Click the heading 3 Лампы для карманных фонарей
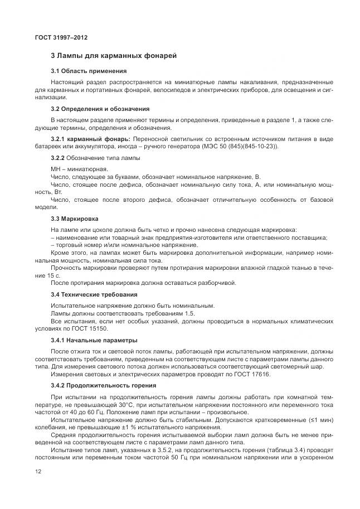(114, 56)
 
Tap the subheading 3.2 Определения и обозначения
(100, 108)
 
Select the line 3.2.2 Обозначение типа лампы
(95, 158)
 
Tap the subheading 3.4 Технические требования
(94, 294)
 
